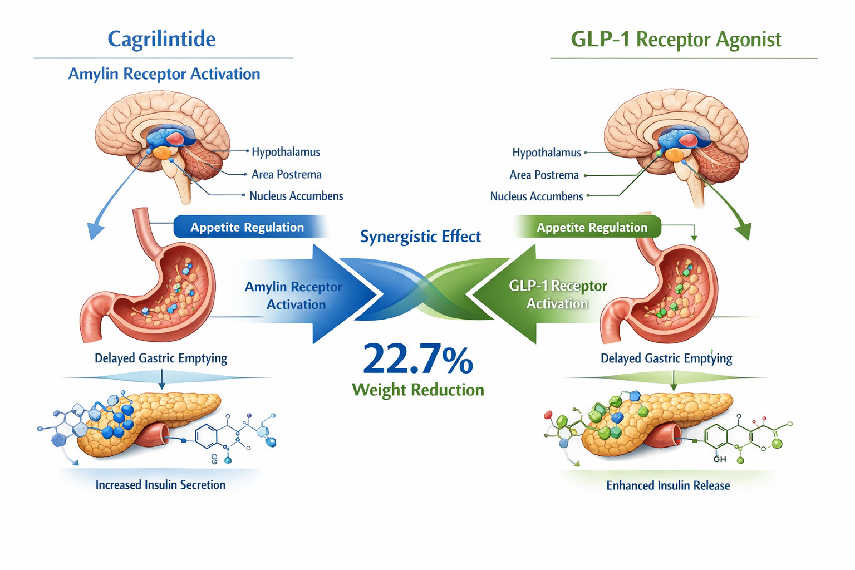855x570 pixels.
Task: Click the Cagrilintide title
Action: [x=161, y=39]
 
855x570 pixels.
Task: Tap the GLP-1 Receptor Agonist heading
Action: [x=676, y=40]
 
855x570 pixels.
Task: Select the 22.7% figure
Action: [x=417, y=359]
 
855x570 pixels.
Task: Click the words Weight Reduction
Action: [x=417, y=390]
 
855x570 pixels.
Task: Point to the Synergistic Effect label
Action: [x=420, y=237]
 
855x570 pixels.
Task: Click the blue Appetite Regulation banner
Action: [x=247, y=227]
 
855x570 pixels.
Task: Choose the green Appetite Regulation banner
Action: [x=591, y=227]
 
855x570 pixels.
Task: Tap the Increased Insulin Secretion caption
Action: [x=160, y=485]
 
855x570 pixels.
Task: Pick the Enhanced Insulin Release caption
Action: [x=668, y=485]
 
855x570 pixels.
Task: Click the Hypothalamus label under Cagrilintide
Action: [x=286, y=152]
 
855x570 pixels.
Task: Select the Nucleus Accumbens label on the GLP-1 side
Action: [x=536, y=196]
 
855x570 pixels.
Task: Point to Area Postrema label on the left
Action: [x=286, y=174]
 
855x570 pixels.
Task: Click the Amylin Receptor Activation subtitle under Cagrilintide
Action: [x=164, y=74]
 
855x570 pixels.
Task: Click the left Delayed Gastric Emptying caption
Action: [x=160, y=358]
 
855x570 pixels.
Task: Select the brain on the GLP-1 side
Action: [x=676, y=134]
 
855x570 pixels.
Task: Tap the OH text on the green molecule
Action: [x=719, y=459]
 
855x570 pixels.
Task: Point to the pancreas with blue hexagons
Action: [x=150, y=423]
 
